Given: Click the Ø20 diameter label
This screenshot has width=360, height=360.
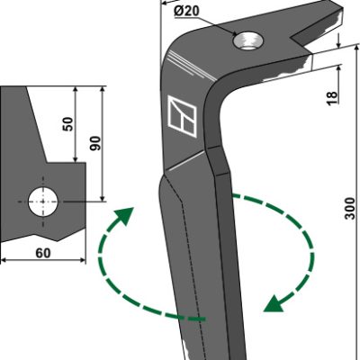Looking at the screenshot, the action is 186,12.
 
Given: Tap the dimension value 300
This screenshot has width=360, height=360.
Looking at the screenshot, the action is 349,208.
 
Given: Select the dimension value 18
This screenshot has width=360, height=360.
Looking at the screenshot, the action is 332,98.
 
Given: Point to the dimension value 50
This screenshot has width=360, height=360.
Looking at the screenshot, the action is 68,123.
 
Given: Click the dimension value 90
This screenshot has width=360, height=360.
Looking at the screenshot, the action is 96,143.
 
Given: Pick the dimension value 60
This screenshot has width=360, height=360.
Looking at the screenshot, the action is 43,253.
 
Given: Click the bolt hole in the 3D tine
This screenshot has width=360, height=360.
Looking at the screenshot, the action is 247,41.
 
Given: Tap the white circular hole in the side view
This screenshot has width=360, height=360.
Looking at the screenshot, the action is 43,202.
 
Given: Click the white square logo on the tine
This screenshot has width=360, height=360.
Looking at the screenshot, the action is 182,116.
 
